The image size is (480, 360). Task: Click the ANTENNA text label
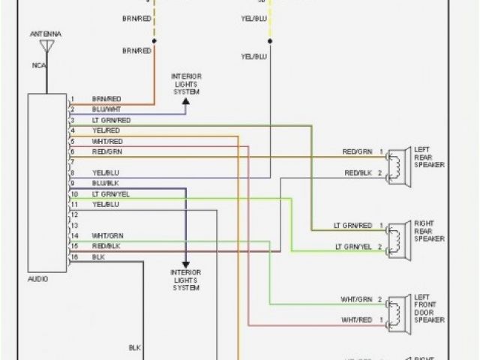point(46,34)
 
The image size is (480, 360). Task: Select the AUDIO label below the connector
point(37,278)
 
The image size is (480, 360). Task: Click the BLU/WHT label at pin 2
point(104,109)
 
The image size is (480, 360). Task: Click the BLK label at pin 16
point(97,256)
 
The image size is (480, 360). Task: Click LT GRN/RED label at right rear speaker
point(352,225)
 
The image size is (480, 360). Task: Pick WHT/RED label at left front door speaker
point(357,319)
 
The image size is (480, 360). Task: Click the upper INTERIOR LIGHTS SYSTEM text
point(187,85)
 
